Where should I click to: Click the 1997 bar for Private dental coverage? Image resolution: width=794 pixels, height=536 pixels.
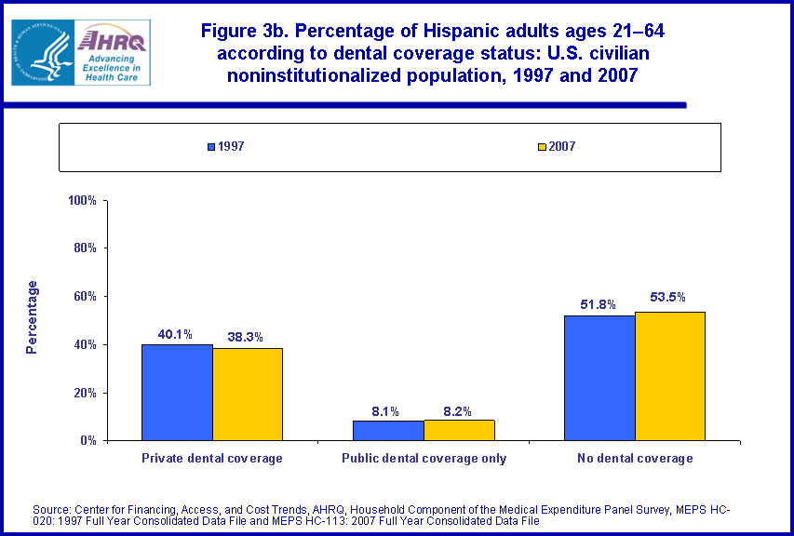177,392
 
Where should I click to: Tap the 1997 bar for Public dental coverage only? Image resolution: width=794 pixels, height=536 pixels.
388,430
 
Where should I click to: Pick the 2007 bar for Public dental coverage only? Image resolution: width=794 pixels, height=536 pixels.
459,430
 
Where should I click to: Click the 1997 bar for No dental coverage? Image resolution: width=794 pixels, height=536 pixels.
599,378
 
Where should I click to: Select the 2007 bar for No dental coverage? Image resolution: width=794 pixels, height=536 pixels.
670,376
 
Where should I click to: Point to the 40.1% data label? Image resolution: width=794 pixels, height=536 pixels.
178,334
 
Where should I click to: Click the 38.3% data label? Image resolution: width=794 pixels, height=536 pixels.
248,338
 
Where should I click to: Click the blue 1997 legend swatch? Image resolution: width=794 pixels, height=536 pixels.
211,147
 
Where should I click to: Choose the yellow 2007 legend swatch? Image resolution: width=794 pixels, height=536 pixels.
542,147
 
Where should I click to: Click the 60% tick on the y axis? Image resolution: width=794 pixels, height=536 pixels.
87,296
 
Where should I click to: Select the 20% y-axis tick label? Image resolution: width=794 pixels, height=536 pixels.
87,393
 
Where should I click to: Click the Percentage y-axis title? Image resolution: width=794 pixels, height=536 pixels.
33,316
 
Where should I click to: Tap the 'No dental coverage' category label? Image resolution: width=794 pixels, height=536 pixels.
635,458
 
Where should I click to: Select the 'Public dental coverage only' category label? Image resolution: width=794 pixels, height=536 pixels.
424,458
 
